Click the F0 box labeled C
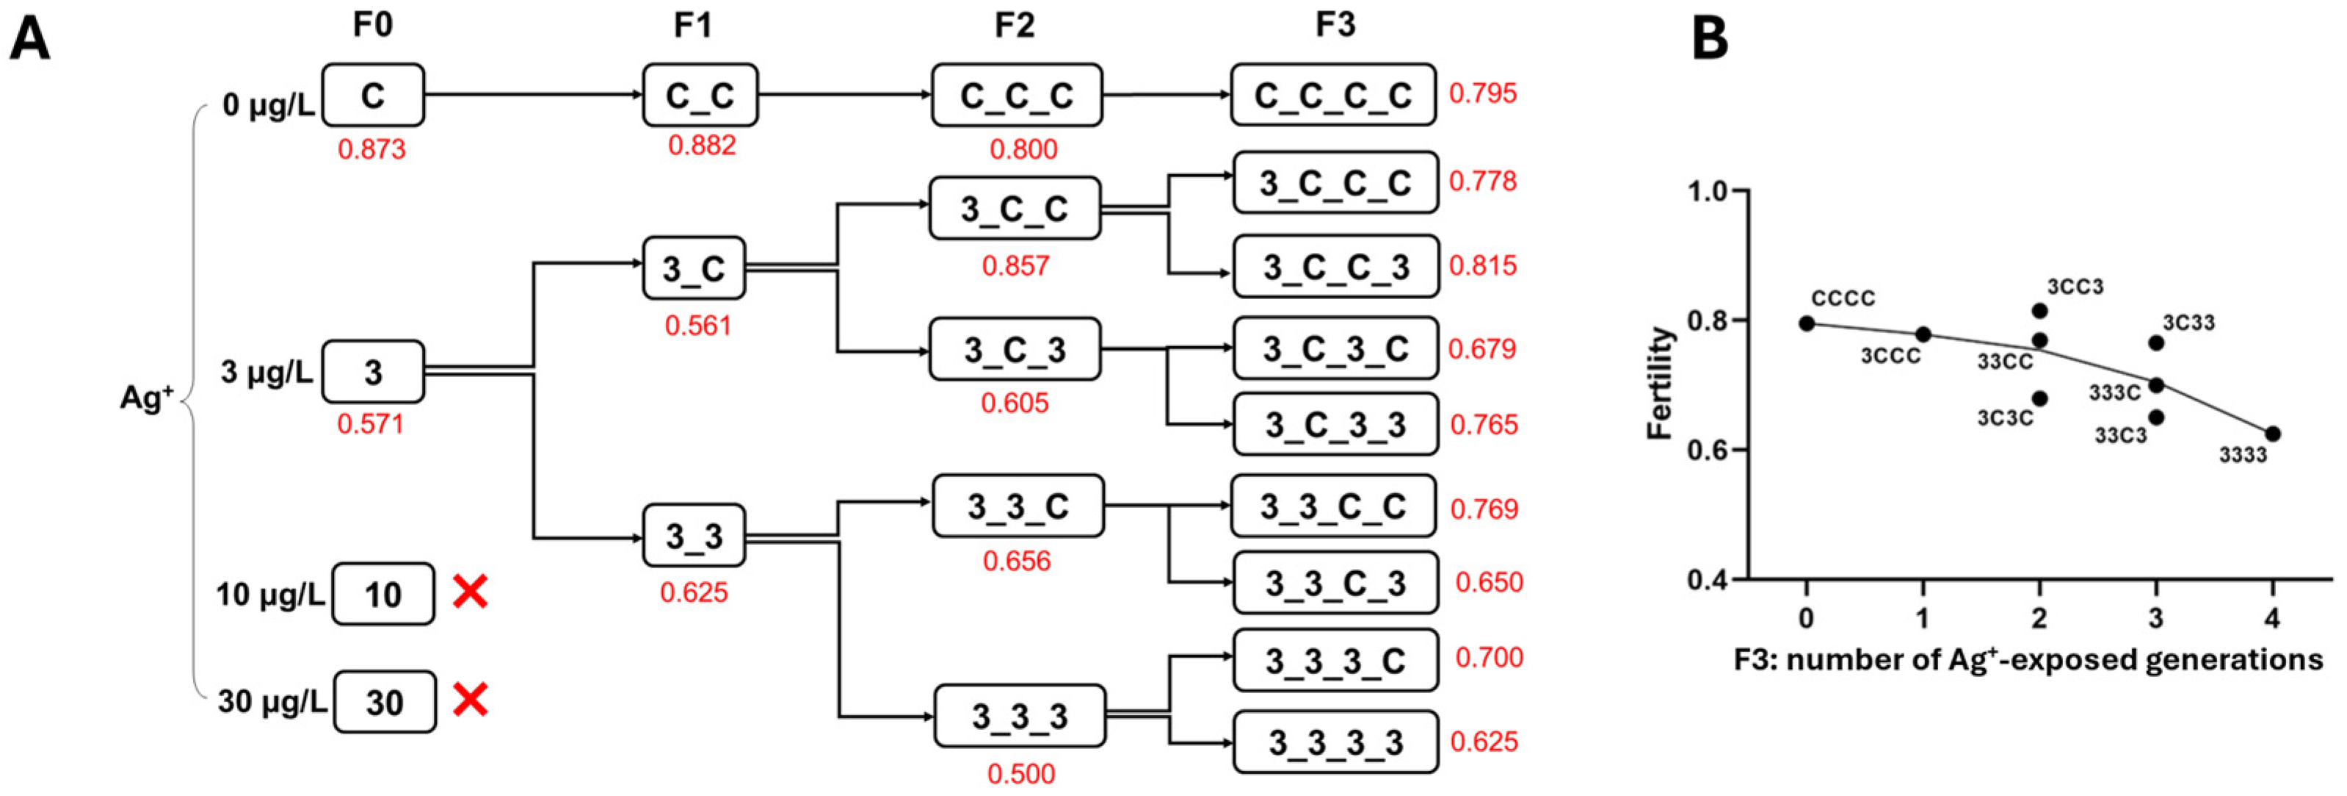(373, 95)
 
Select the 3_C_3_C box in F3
(1335, 348)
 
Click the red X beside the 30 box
(470, 700)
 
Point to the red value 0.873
(371, 148)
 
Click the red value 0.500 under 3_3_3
(1020, 773)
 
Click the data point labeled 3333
(2272, 434)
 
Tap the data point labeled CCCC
(1807, 323)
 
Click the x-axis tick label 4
(2272, 618)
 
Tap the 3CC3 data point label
(2075, 287)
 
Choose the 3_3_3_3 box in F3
(1335, 742)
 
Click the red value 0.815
(1483, 265)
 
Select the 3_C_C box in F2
(1014, 209)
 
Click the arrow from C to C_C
(533, 94)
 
